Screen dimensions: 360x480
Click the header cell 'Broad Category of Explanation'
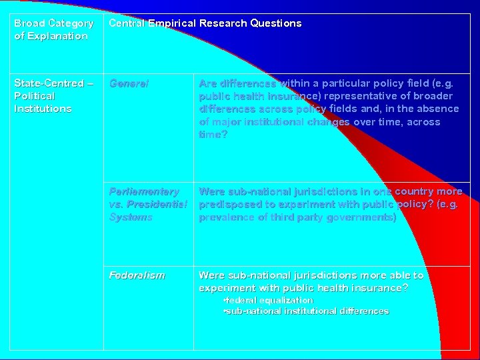pos(54,29)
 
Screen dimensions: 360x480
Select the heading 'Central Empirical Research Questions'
pos(205,23)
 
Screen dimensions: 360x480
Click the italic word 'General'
pos(129,83)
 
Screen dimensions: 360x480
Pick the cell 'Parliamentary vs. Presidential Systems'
pos(149,204)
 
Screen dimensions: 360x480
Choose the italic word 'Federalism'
pos(137,275)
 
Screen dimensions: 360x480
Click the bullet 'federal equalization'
pos(269,301)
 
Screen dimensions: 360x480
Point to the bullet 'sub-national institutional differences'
pos(307,311)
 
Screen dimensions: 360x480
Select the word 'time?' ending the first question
pos(213,135)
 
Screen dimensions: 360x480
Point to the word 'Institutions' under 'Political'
pos(43,109)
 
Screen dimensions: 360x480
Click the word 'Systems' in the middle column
pos(131,217)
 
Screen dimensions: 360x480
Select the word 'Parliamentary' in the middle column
pos(144,191)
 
